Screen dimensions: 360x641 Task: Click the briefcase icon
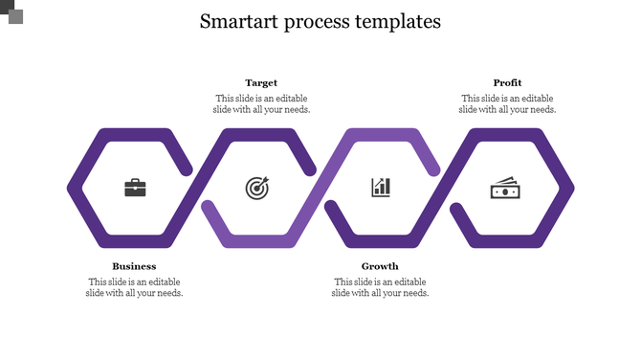tap(135, 188)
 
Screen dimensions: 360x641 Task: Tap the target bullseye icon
tap(257, 188)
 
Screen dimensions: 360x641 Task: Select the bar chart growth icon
tap(381, 187)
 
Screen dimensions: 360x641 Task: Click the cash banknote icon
tap(505, 188)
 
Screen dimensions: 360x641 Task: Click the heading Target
tap(261, 83)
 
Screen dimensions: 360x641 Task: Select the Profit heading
tap(507, 83)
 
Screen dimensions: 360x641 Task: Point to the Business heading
tap(134, 266)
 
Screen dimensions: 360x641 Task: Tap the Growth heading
tap(380, 266)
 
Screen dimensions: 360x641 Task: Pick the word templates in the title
tap(396, 21)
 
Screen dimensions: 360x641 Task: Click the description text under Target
tap(261, 103)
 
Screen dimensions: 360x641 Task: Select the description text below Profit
tap(507, 103)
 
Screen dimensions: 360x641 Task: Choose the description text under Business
tap(134, 287)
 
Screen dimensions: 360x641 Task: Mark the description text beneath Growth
tap(380, 287)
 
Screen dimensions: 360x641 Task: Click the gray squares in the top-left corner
tap(11, 11)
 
